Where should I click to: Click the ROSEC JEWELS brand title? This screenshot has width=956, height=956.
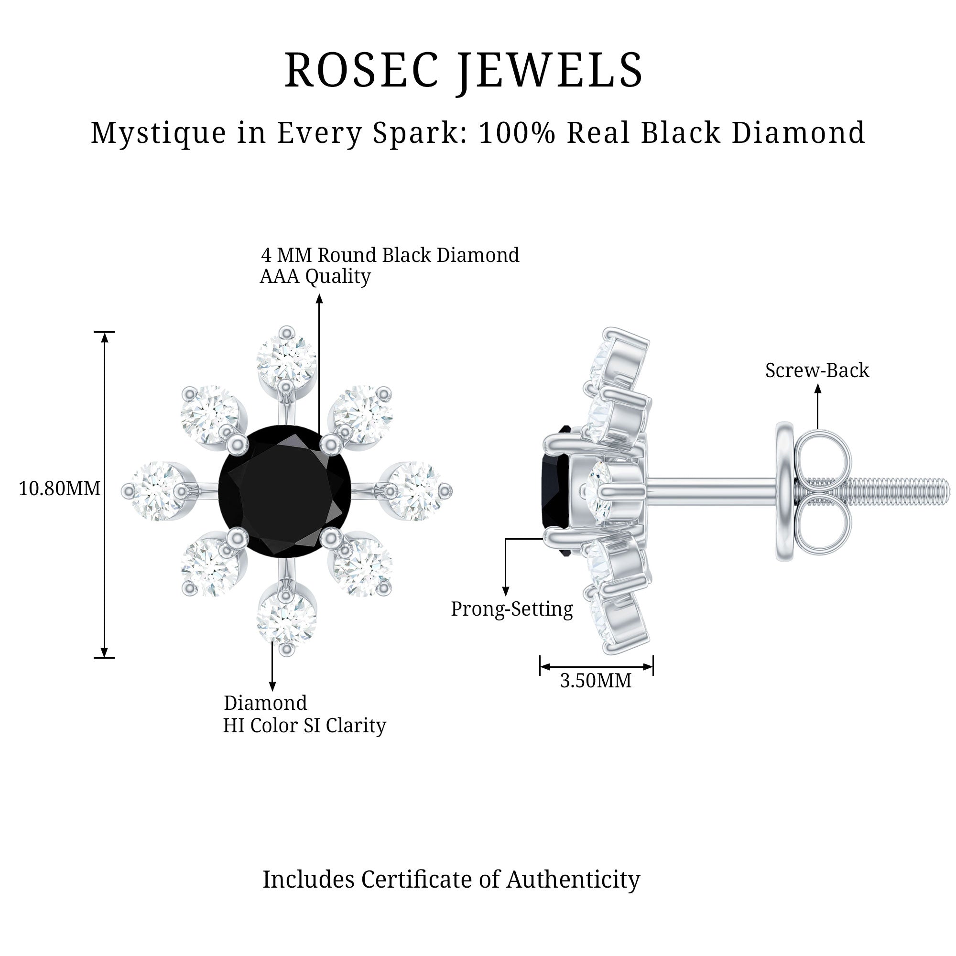pyautogui.click(x=464, y=71)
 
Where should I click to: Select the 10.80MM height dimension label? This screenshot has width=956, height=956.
pyautogui.click(x=59, y=489)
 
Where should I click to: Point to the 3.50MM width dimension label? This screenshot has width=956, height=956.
pyautogui.click(x=596, y=681)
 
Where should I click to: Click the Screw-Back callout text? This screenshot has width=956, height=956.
pyautogui.click(x=817, y=370)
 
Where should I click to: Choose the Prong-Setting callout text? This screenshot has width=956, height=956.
pyautogui.click(x=511, y=609)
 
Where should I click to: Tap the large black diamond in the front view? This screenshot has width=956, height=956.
pyautogui.click(x=285, y=491)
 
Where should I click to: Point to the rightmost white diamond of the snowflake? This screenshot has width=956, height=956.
pyautogui.click(x=418, y=490)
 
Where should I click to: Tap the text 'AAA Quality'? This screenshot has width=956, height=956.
pyautogui.click(x=315, y=277)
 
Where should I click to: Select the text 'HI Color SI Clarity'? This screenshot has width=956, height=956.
pyautogui.click(x=304, y=726)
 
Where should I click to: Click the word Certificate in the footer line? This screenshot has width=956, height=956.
pyautogui.click(x=416, y=880)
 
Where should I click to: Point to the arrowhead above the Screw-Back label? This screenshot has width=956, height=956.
pyautogui.click(x=817, y=389)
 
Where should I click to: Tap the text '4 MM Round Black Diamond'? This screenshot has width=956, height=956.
pyautogui.click(x=390, y=255)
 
